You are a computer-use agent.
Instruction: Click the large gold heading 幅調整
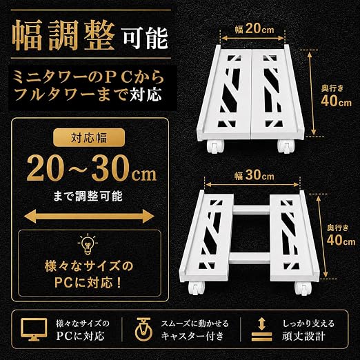[x=63, y=35]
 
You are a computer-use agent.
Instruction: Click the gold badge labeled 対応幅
[x=89, y=138]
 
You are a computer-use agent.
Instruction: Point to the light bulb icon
[x=88, y=243]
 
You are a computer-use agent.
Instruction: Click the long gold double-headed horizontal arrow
[x=89, y=216]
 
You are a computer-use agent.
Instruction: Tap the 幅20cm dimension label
[x=254, y=29]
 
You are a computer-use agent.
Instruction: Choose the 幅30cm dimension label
[x=254, y=176]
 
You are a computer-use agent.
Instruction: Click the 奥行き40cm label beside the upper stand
[x=336, y=96]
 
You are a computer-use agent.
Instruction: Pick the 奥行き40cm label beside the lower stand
[x=341, y=235]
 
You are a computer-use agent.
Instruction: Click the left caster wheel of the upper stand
[x=215, y=146]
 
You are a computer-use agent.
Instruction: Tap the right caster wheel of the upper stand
[x=286, y=146]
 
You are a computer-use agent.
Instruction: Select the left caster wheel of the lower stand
[x=197, y=288]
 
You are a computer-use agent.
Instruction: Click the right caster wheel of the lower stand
[x=303, y=288]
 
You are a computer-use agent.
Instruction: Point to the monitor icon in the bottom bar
[x=34, y=330]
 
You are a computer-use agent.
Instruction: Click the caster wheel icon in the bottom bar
[x=143, y=329]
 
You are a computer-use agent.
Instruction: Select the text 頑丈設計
[x=303, y=337]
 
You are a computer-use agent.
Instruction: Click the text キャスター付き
[x=192, y=337]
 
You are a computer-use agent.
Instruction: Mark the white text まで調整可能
[x=88, y=196]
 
